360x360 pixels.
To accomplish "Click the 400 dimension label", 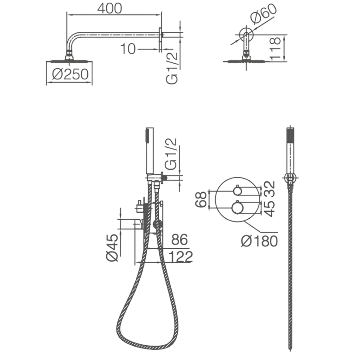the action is (x=109, y=8).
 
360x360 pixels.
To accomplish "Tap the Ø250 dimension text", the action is (x=70, y=74).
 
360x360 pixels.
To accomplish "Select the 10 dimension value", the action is (x=128, y=48).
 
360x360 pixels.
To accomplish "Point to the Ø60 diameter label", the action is (x=264, y=14).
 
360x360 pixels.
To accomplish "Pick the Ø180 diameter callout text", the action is (x=259, y=241).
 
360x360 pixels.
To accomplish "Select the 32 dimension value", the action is (x=270, y=189).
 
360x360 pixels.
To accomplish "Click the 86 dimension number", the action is (x=180, y=240).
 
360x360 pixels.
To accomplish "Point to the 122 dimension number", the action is (x=180, y=257).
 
